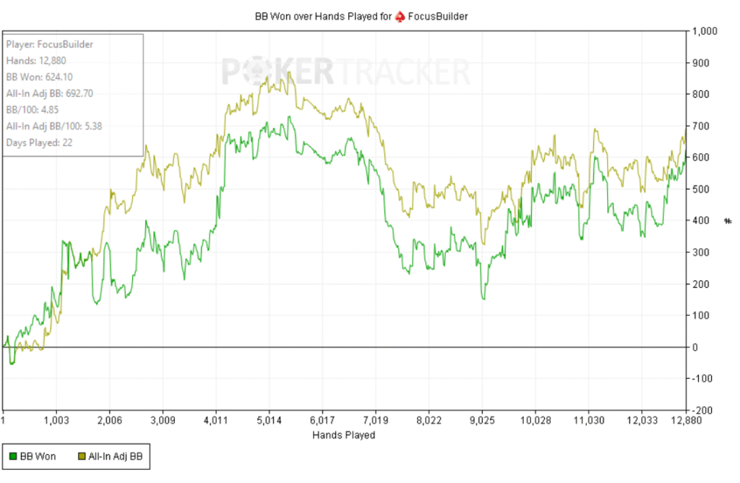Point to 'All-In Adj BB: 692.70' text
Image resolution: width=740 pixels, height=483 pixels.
click(x=51, y=93)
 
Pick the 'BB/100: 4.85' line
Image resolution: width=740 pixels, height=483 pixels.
click(x=35, y=109)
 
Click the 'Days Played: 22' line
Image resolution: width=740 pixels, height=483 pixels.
click(x=39, y=142)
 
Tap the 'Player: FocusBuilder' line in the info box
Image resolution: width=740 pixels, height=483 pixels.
click(x=49, y=44)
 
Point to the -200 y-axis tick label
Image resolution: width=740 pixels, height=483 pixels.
click(x=702, y=410)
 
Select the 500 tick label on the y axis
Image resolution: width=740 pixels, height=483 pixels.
click(x=700, y=189)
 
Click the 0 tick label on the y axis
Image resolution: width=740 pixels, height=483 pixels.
click(x=695, y=347)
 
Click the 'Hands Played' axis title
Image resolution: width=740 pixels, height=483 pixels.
click(x=344, y=435)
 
